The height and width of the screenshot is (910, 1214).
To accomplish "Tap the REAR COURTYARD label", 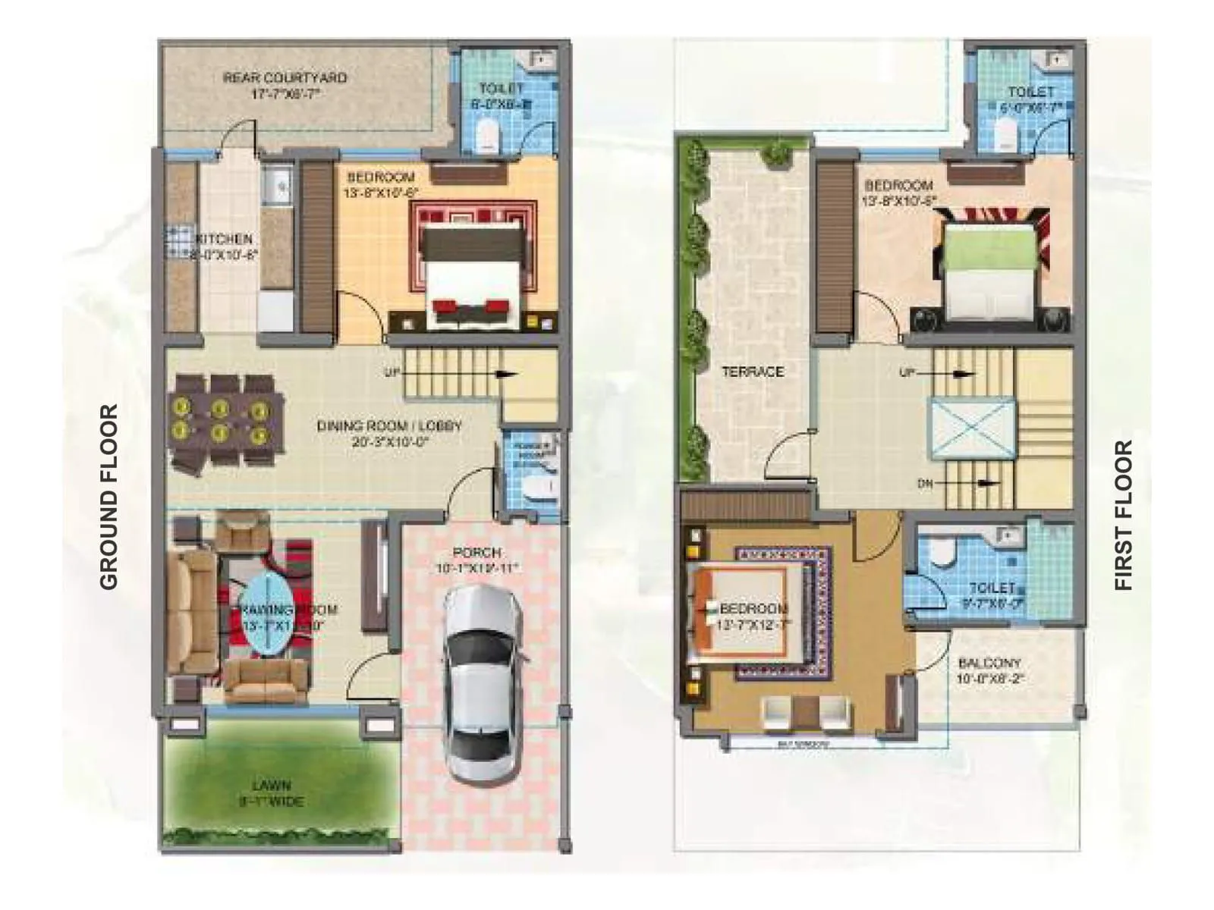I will tap(285, 78).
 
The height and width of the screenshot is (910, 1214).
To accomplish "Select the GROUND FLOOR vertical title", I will tap(109, 497).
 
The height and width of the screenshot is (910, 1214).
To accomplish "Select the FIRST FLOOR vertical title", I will tap(1123, 515).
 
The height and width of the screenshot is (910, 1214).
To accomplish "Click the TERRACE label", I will tap(752, 372).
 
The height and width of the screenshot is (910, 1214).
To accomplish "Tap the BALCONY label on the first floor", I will tap(989, 663).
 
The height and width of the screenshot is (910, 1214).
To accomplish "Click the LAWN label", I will tap(271, 786).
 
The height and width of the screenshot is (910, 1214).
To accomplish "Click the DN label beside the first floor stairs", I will tap(925, 483).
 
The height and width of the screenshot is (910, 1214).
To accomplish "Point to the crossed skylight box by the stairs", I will tap(973, 428).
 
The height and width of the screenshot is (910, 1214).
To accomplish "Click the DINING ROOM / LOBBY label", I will tap(388, 426).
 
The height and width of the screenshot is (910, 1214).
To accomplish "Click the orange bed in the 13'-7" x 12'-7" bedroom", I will tap(739, 610).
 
